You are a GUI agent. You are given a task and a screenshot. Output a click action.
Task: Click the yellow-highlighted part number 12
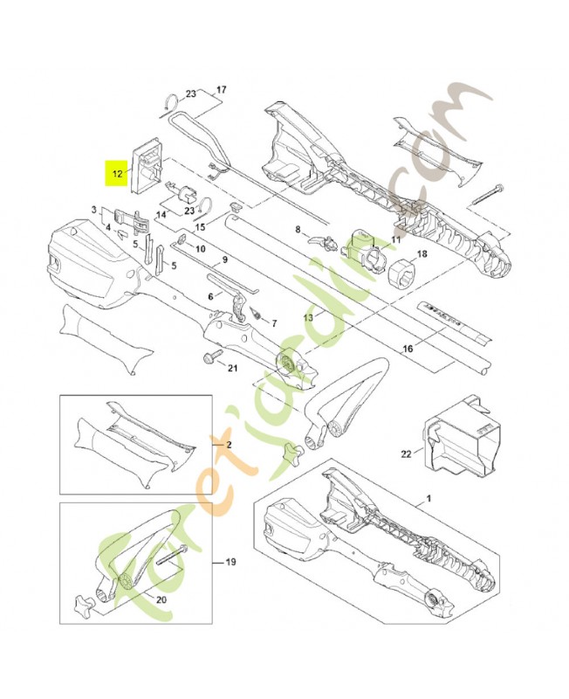tap(114, 174)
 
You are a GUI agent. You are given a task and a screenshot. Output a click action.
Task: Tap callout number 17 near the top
tap(221, 89)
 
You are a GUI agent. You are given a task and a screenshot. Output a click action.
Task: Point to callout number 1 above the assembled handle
tap(429, 498)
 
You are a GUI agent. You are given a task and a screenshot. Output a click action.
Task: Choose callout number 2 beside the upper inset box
tap(230, 445)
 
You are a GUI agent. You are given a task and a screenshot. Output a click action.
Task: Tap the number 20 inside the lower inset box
tap(160, 599)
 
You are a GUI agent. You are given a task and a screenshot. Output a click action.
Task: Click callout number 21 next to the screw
tap(232, 367)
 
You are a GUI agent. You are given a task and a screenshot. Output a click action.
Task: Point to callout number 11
tap(395, 239)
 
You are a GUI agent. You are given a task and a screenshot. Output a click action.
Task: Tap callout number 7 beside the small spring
tap(273, 322)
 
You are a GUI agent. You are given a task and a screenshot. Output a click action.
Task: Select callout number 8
tap(298, 232)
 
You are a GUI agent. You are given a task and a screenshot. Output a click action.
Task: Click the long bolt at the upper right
tap(489, 195)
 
